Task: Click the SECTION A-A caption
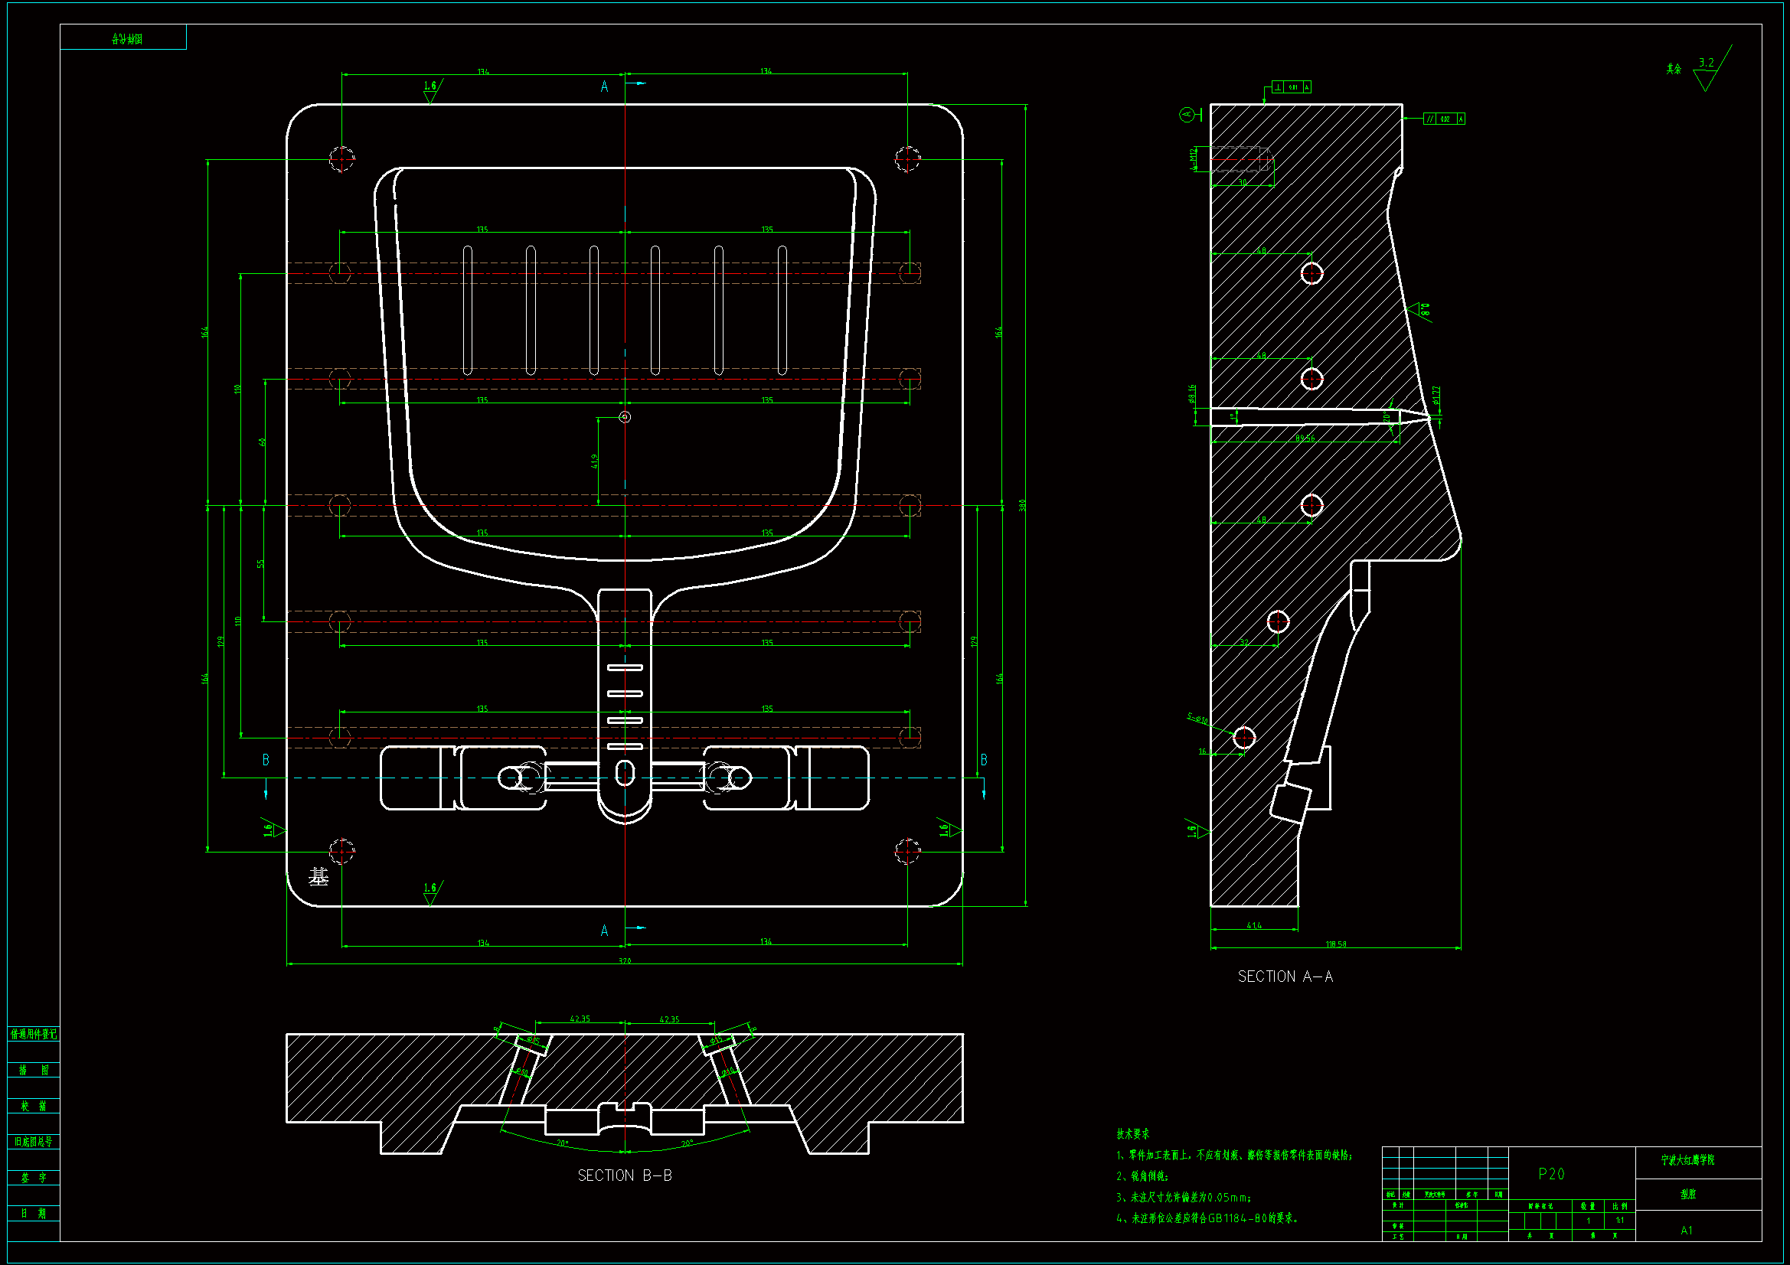(1285, 976)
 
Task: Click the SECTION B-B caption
(625, 1175)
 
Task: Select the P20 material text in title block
(1550, 1174)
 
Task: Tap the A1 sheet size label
(1687, 1231)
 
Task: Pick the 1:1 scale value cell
(1620, 1221)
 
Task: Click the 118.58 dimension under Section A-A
(1335, 944)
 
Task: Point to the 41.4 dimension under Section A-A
(1253, 926)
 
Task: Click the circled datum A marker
(1187, 116)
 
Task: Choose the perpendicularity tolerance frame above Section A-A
(1291, 87)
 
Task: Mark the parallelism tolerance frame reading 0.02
(1444, 119)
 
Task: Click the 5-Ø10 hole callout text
(1197, 719)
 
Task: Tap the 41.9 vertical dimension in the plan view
(595, 461)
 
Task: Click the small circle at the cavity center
(625, 417)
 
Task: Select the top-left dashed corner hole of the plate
(341, 159)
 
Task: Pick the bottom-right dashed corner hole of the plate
(907, 851)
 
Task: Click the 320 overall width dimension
(625, 961)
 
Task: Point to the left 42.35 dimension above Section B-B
(580, 1019)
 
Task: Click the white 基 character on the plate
(318, 877)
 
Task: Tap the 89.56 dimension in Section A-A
(1305, 438)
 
